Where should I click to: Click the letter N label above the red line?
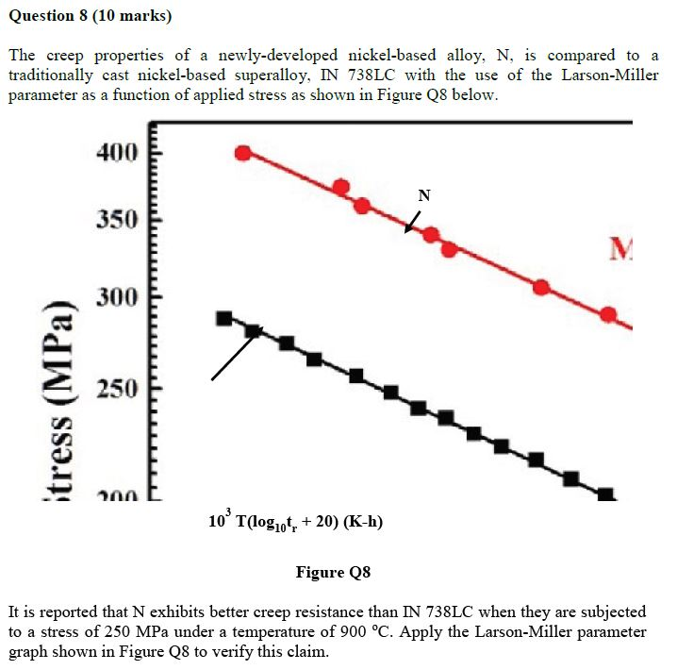423,195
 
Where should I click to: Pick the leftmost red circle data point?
243,153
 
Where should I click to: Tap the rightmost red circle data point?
608,314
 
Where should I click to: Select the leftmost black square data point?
224,318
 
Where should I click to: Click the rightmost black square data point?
605,495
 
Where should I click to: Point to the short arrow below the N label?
413,221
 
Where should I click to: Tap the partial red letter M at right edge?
621,249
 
